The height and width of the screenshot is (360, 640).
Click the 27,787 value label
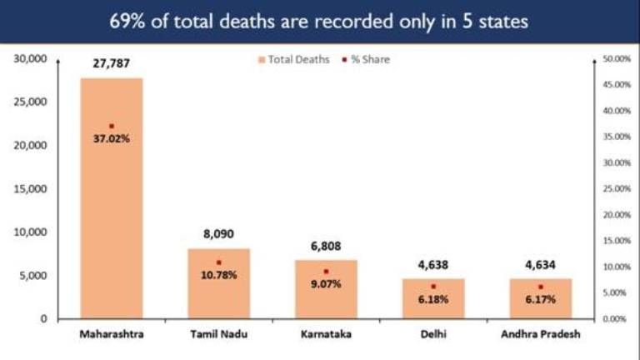click(112, 63)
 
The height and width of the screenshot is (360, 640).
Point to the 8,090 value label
click(218, 236)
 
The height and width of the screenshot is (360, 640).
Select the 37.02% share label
click(112, 139)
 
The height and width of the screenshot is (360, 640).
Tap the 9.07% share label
click(326, 283)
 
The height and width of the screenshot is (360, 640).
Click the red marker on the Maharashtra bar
click(112, 126)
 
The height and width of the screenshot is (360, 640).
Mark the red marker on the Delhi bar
click(433, 287)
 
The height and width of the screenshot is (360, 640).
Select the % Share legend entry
click(367, 59)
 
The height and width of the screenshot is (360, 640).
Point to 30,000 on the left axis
click(31, 59)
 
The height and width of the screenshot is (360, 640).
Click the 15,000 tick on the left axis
click(31, 189)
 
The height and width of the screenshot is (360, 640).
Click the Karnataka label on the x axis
click(326, 335)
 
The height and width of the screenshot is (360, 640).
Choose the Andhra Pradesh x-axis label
click(540, 335)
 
